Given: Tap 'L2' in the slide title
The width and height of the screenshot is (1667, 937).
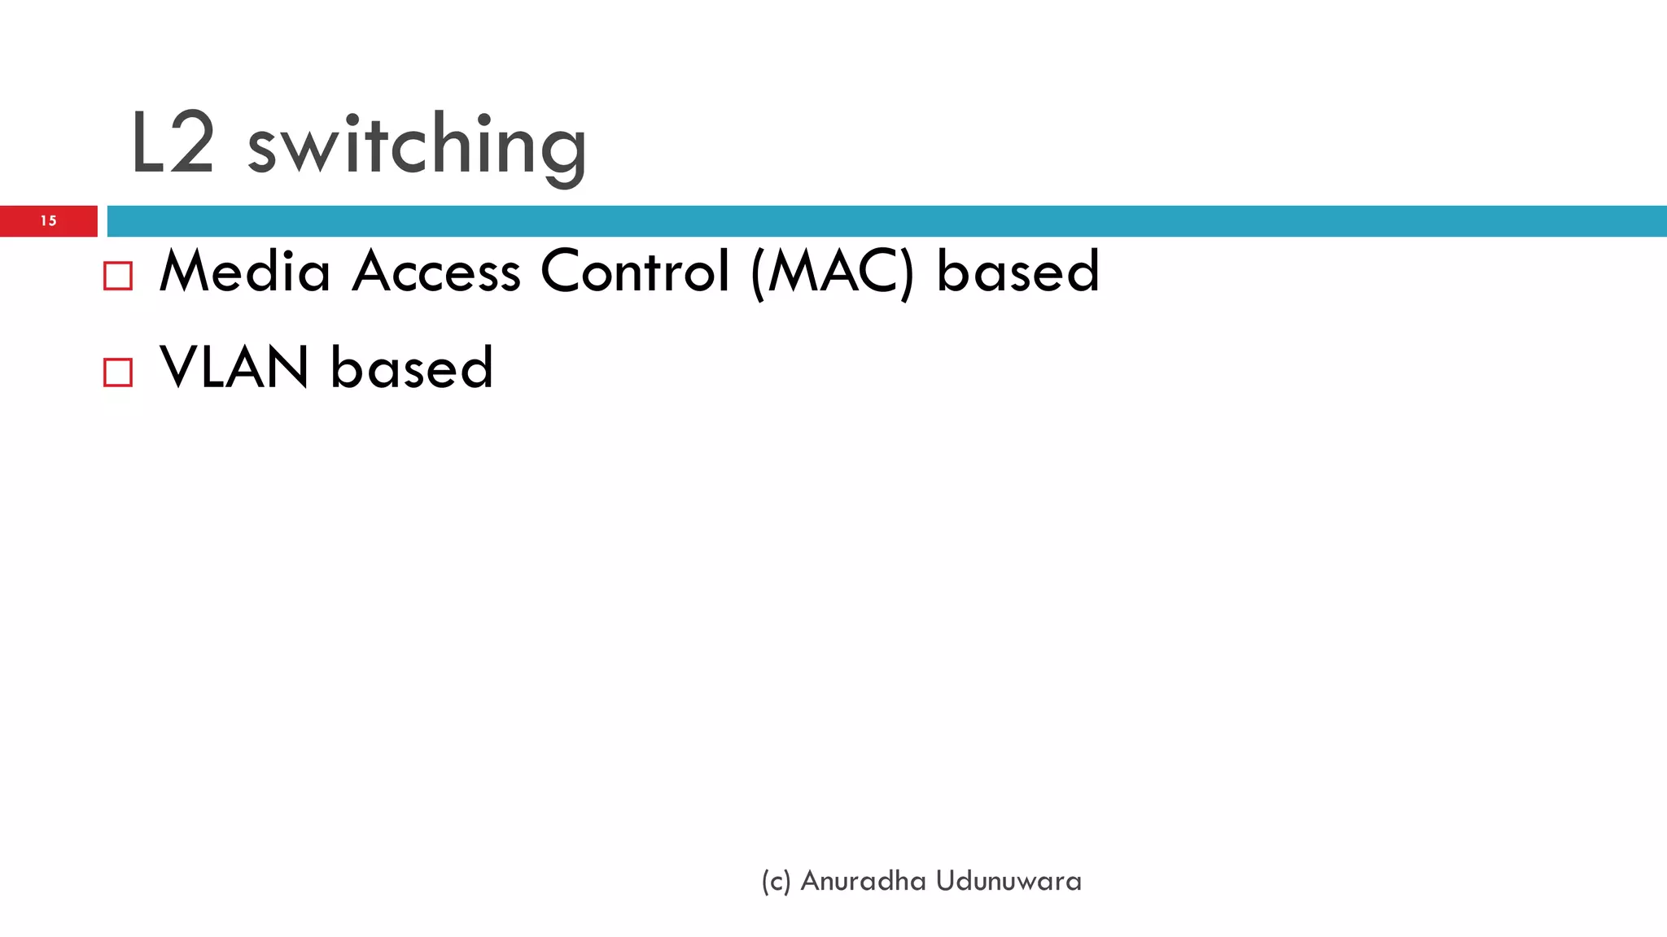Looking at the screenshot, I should (x=173, y=145).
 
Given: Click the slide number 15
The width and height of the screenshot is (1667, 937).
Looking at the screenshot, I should (x=48, y=220).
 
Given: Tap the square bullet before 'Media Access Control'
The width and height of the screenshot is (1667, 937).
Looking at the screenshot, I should (x=118, y=276).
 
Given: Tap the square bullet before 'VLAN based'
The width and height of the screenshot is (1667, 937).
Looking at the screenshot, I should (x=118, y=372).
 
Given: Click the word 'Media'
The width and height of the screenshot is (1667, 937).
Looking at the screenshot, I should (x=245, y=272).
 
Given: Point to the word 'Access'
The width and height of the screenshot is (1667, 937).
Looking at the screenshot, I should (x=436, y=272).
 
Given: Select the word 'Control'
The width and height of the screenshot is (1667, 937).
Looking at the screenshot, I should (x=635, y=272).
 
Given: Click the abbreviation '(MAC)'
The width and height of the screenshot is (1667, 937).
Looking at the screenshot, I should (x=833, y=273).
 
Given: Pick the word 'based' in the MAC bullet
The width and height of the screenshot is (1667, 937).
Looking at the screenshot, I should (x=1017, y=272).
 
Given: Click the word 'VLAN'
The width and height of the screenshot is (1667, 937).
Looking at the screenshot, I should (x=234, y=368).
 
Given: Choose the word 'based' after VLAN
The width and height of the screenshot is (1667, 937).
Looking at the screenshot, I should (x=412, y=368).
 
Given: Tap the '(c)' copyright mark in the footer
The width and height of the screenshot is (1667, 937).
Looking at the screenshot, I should (x=776, y=882).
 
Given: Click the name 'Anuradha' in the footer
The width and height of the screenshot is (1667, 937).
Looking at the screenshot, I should (x=863, y=881).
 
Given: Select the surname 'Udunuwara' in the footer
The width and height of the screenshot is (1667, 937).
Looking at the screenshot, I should (x=1009, y=881).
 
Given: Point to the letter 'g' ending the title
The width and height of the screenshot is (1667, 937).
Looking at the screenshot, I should (x=564, y=155).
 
